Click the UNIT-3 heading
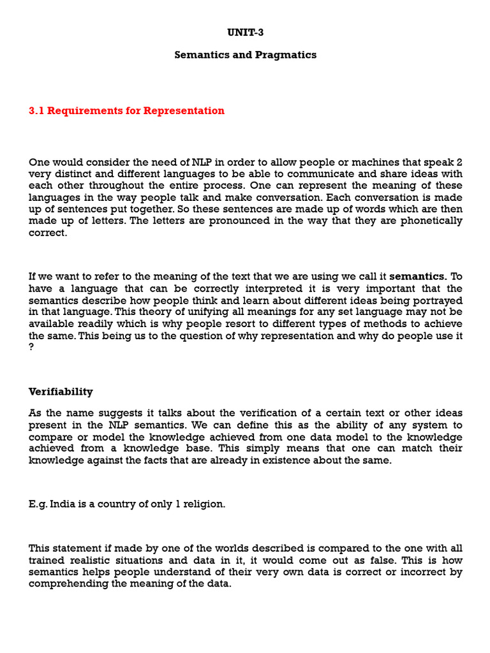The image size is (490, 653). (x=246, y=32)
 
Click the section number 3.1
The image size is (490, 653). (x=37, y=111)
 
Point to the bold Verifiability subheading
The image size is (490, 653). (x=61, y=392)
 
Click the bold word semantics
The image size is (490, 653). (x=418, y=277)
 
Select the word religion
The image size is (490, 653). (x=205, y=504)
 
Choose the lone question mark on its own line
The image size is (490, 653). (x=31, y=347)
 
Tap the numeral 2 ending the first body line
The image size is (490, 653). (x=459, y=162)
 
